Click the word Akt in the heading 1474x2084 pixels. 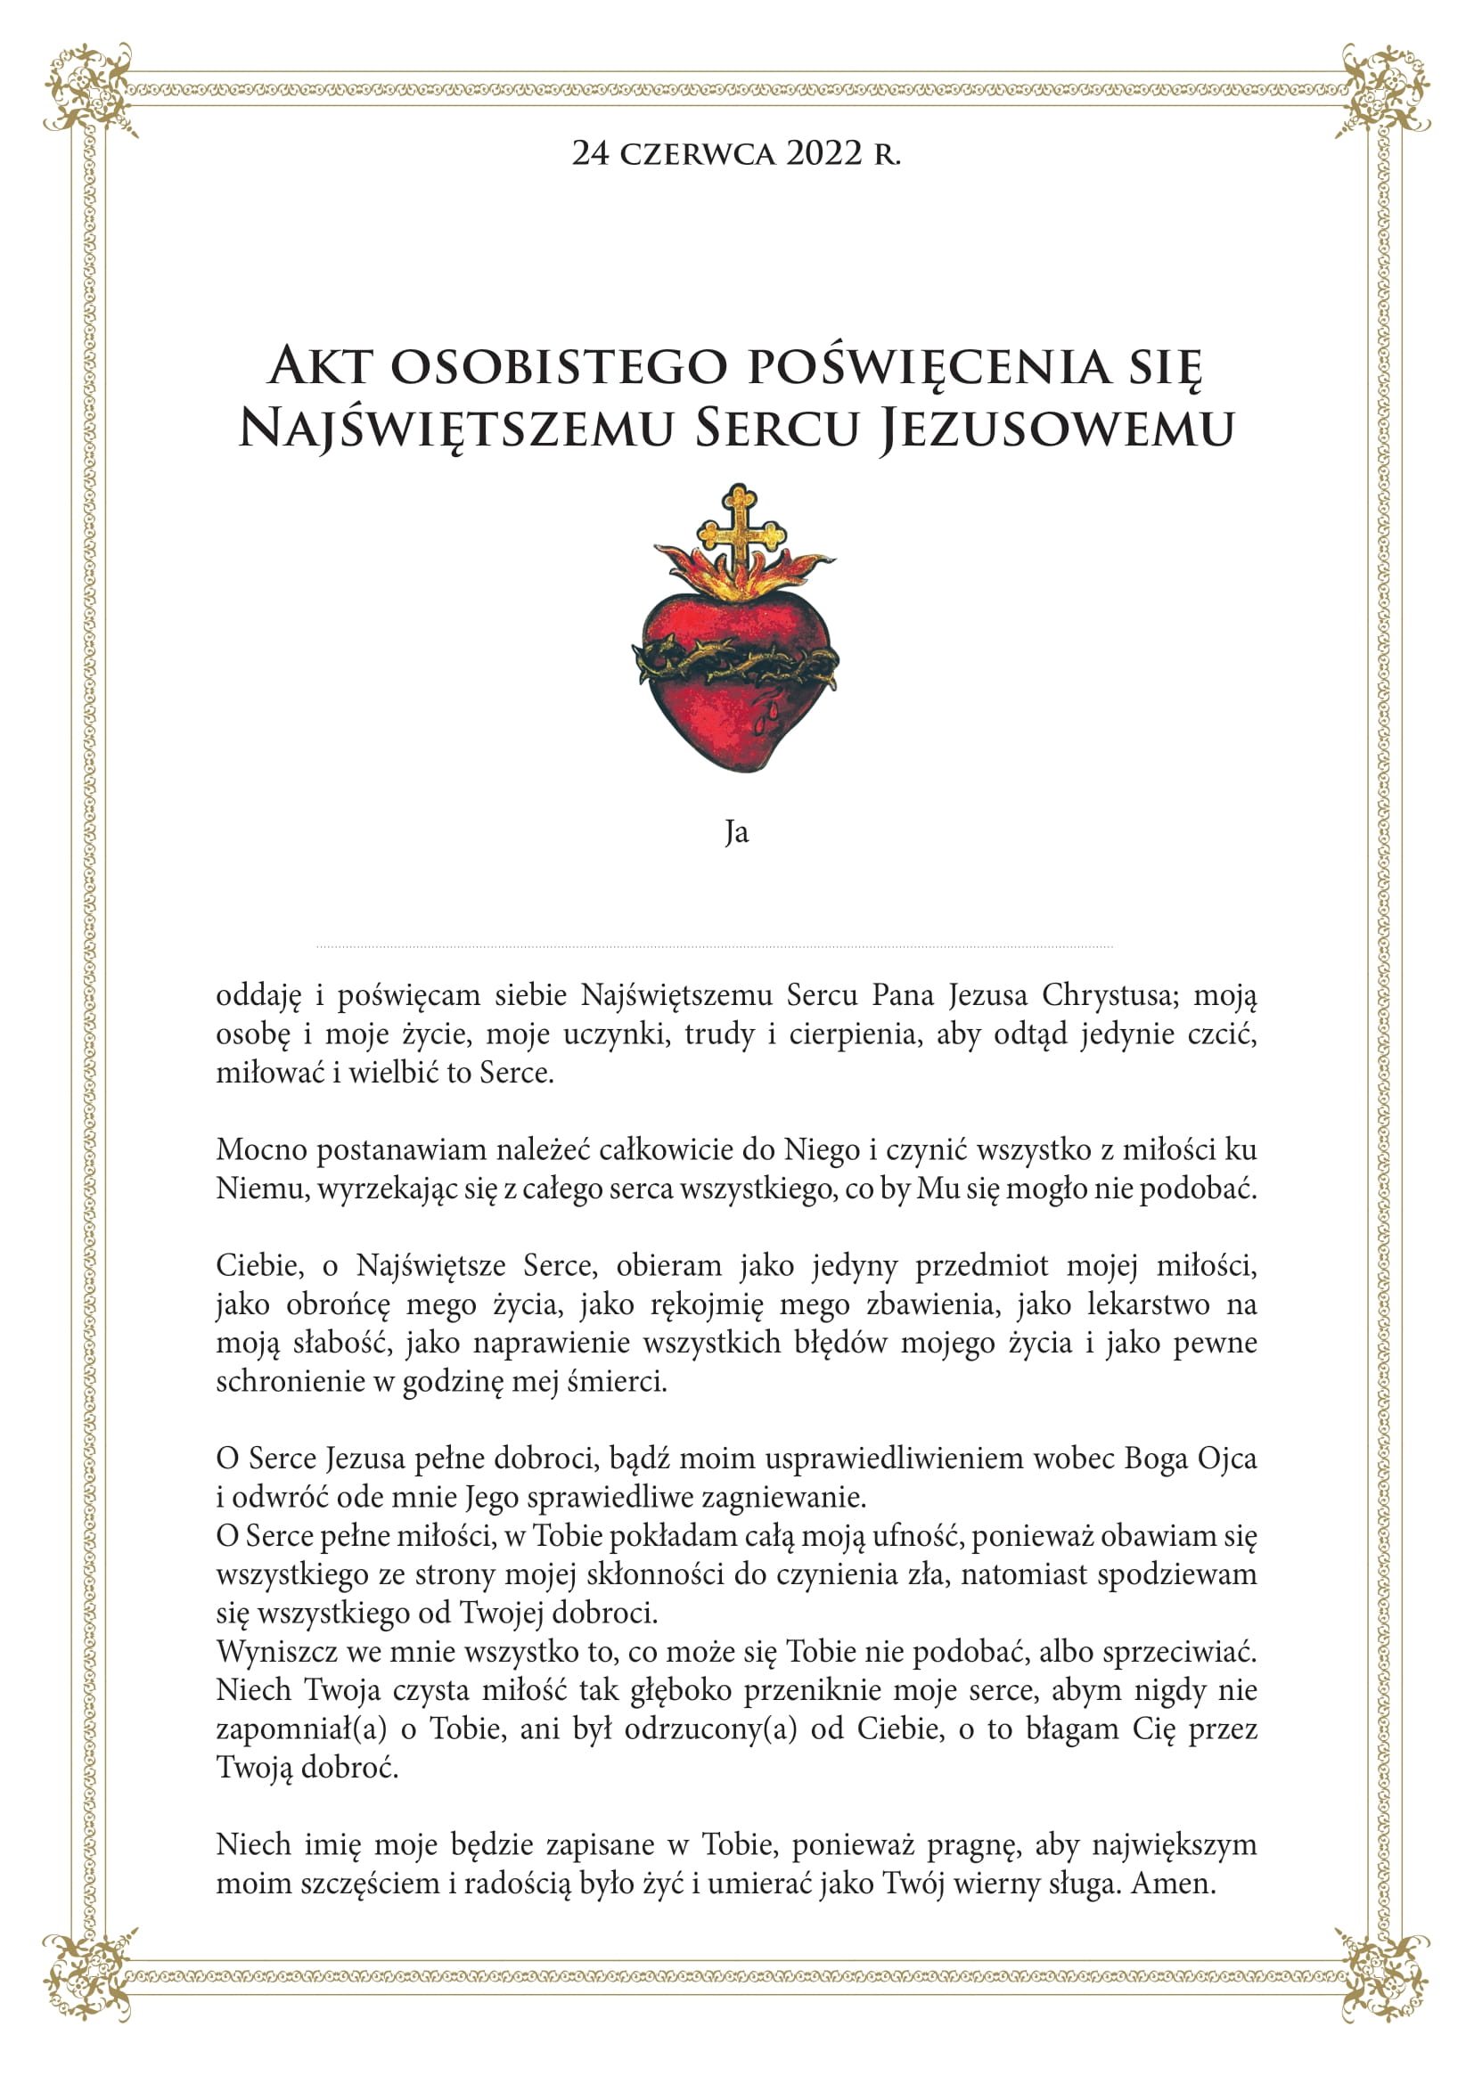tap(321, 366)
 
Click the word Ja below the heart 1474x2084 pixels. tap(736, 832)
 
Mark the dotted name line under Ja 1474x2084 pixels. tap(715, 947)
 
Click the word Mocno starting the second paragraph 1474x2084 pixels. tap(260, 1150)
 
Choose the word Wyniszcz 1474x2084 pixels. tap(274, 1651)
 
